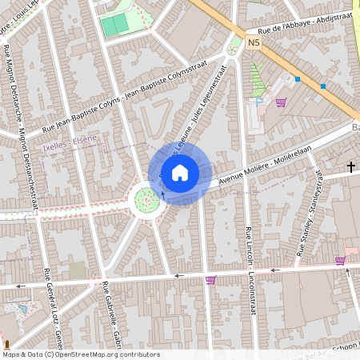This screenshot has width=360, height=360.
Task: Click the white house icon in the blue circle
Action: (179, 172)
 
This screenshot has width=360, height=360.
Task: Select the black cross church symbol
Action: (351, 166)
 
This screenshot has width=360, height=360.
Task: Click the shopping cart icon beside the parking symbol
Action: (281, 102)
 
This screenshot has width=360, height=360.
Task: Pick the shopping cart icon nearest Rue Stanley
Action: (340, 260)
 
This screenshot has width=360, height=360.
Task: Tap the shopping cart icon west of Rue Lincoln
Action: (211, 279)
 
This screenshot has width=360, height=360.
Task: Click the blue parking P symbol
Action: (259, 102)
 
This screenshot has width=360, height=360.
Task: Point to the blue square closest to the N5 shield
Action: (298, 78)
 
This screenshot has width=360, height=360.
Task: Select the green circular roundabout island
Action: (146, 200)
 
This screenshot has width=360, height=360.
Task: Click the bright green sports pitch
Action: (114, 25)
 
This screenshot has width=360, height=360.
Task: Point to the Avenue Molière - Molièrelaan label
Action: (264, 170)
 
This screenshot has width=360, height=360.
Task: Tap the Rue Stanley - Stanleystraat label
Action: (310, 212)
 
